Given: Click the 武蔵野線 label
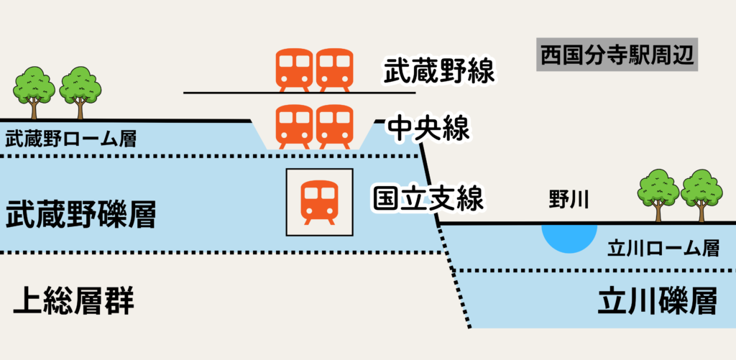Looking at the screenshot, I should tap(440, 71).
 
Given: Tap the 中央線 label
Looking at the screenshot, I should tap(428, 129).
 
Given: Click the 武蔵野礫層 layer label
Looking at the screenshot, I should tap(80, 215).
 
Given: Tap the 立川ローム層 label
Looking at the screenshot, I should tap(663, 249).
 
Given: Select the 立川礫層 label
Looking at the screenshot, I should tap(658, 303).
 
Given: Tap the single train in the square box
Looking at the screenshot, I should tap(320, 201).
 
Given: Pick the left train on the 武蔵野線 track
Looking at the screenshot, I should tap(295, 70).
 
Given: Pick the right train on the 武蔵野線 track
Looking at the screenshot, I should tap(334, 70).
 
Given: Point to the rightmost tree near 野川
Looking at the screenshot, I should tap(701, 193).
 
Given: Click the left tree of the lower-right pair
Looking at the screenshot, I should tap(658, 193).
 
